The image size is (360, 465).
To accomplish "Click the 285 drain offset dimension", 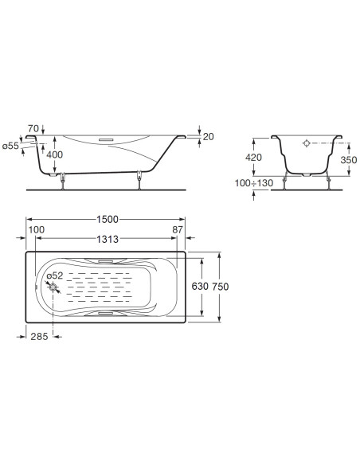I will [x=40, y=337].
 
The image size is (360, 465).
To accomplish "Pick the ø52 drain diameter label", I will [x=54, y=275].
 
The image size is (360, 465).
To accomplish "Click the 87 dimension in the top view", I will [x=178, y=231].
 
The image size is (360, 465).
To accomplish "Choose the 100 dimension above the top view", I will [x=36, y=231].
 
